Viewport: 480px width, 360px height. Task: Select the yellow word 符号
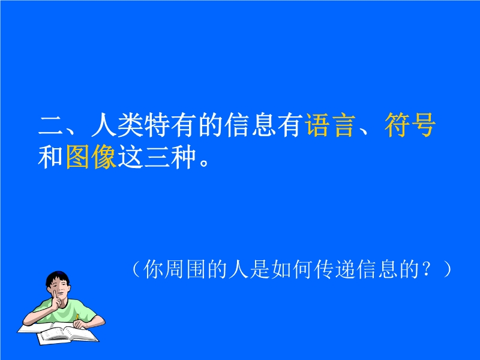410,125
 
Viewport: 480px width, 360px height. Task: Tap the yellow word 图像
91,157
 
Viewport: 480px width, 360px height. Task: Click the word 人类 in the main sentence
118,125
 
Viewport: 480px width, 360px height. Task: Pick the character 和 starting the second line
50,157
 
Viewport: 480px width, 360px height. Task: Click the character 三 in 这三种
157,157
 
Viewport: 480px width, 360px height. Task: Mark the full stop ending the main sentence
204,162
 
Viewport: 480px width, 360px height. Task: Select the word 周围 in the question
185,269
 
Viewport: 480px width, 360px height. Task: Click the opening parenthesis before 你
137,269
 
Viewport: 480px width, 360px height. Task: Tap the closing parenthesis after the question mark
447,269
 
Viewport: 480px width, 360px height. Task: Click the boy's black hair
57,278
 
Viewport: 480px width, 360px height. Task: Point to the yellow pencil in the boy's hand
77,317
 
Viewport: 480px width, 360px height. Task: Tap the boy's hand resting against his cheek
56,299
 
